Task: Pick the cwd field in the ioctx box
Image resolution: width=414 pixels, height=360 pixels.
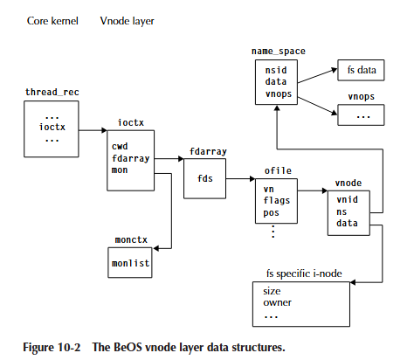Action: coord(120,147)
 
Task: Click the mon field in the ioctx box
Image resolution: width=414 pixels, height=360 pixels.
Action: coord(120,170)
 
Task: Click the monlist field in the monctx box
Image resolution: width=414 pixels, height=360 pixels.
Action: coord(130,262)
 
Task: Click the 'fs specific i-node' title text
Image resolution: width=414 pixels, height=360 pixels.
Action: coord(305,273)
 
